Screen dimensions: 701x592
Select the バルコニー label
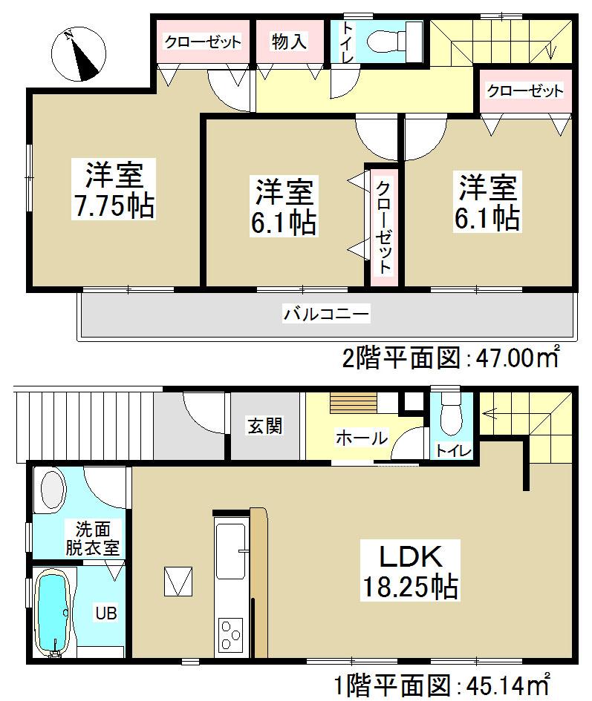click(x=325, y=315)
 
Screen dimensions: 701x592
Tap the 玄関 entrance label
click(x=264, y=428)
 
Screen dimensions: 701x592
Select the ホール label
click(x=361, y=438)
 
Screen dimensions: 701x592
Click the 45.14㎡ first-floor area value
click(x=507, y=682)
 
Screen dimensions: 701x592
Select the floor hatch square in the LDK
click(x=179, y=581)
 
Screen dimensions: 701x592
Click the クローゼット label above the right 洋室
click(x=524, y=91)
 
